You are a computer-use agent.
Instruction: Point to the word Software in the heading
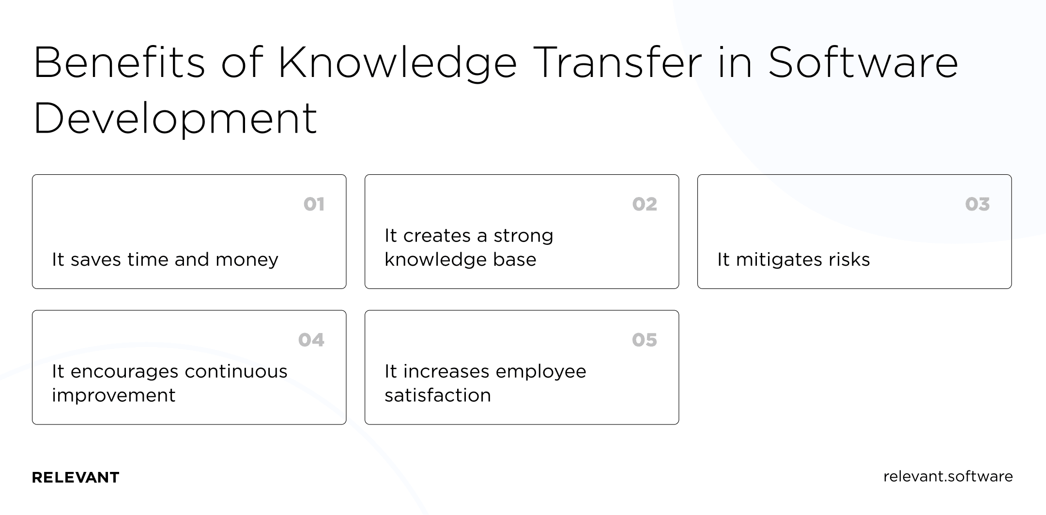[x=863, y=63]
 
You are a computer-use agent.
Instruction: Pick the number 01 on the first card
[x=314, y=204]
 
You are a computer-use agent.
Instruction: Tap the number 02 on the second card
[x=645, y=204]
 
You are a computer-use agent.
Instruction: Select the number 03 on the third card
[x=977, y=204]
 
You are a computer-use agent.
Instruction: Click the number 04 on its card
[x=311, y=340]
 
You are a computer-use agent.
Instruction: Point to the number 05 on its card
[x=645, y=340]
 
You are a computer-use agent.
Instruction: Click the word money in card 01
[x=247, y=260]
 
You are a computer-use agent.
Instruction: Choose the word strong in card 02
[x=523, y=236]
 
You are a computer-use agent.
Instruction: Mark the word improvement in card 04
[x=114, y=395]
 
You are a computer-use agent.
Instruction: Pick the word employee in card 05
[x=541, y=372]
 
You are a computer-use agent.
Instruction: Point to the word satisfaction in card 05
[x=438, y=395]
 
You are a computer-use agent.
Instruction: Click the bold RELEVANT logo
[x=76, y=478]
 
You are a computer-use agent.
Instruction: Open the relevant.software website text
[x=948, y=477]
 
